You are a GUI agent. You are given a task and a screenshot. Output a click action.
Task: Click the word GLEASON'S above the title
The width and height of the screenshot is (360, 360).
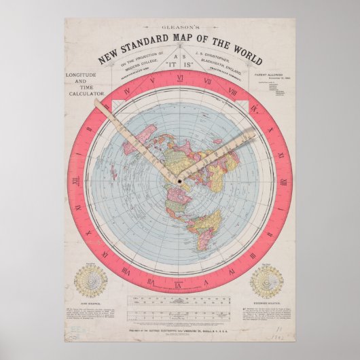[180, 24]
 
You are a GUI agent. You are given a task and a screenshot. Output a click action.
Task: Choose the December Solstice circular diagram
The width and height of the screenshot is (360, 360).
[266, 279]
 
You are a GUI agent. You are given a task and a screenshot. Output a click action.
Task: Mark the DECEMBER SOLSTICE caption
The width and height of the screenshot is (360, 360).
[266, 302]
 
